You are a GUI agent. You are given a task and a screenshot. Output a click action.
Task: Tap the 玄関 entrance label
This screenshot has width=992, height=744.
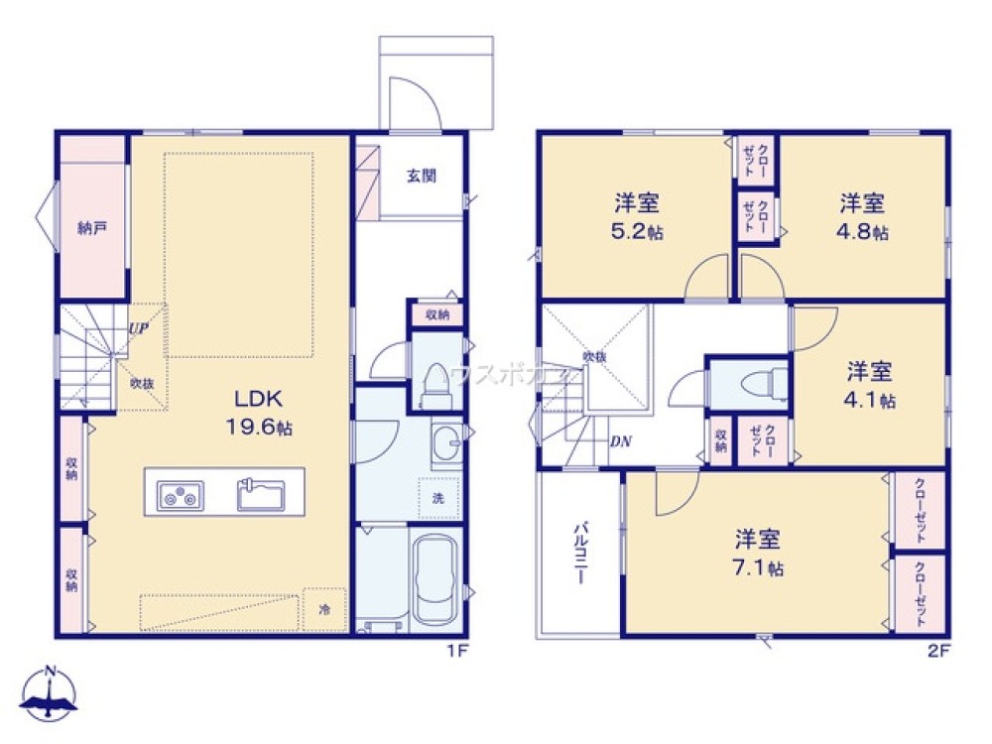click(421, 176)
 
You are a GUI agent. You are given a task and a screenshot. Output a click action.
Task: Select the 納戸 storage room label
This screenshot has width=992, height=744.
click(91, 227)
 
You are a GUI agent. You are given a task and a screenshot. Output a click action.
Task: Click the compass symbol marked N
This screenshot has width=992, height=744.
click(49, 693)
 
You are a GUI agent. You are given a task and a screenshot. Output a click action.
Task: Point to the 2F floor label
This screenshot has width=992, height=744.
click(939, 652)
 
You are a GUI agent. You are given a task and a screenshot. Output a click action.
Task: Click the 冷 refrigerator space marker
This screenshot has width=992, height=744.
click(324, 610)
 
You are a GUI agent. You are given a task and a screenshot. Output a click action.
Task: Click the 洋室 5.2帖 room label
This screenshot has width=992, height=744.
click(637, 217)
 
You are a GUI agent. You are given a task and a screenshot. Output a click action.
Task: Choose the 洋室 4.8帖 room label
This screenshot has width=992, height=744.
click(862, 217)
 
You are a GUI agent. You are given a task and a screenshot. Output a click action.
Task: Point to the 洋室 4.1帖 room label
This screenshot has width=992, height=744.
click(870, 386)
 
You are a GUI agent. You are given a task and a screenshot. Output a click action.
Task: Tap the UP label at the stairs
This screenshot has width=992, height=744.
click(138, 328)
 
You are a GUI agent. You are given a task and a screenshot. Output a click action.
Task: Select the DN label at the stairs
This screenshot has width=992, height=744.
click(621, 442)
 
